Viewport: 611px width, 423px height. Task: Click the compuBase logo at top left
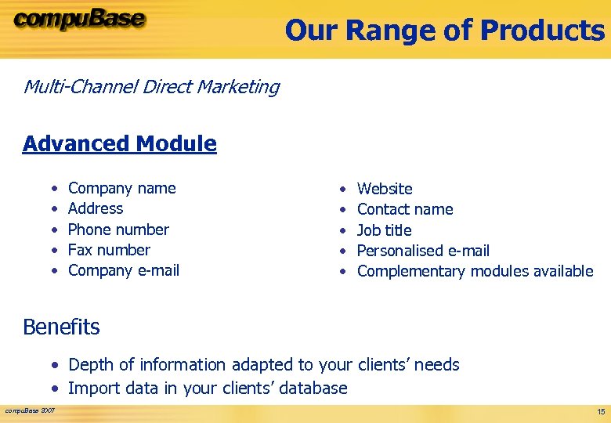(x=79, y=20)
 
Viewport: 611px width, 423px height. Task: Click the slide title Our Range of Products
(x=444, y=31)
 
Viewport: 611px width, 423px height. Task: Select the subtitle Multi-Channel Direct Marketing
(x=151, y=86)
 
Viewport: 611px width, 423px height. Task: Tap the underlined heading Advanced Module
(x=119, y=143)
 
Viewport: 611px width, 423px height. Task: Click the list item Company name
(x=121, y=188)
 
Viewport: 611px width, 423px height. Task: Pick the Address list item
(x=96, y=208)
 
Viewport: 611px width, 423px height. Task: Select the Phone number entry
(x=118, y=230)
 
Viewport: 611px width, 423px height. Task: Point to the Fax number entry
(x=109, y=250)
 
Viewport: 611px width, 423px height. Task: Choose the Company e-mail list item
(x=124, y=270)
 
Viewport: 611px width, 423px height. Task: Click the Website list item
(x=384, y=189)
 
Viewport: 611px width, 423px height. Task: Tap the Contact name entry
(x=405, y=209)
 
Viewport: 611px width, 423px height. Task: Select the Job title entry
(x=384, y=230)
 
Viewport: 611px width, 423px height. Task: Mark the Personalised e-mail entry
(x=423, y=251)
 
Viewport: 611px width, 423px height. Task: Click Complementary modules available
(x=475, y=271)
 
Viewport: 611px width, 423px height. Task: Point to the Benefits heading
(x=61, y=327)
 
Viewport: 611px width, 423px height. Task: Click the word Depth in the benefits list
(x=91, y=365)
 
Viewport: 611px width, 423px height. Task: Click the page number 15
(x=600, y=411)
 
